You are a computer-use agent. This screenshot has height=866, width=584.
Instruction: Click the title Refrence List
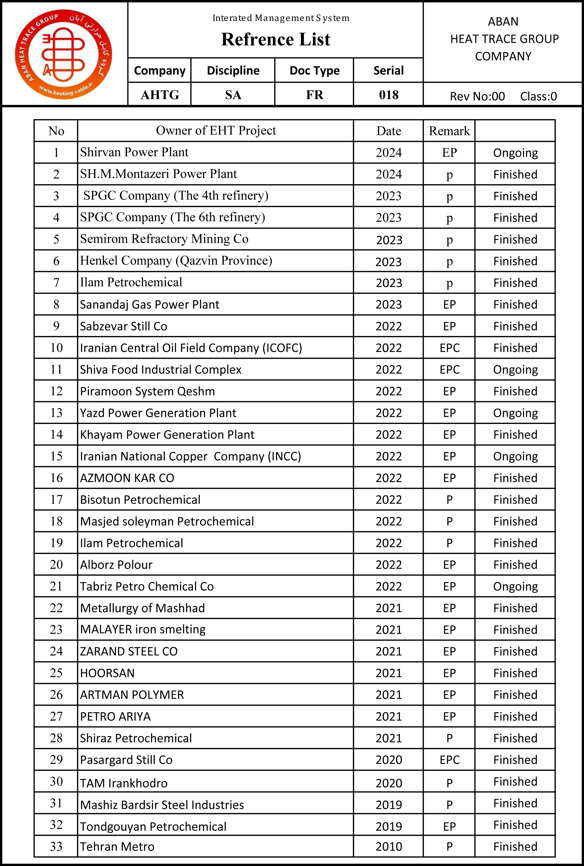pyautogui.click(x=276, y=39)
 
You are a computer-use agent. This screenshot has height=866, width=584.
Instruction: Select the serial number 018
pyautogui.click(x=388, y=95)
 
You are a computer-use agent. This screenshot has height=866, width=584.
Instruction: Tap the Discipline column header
pyautogui.click(x=233, y=70)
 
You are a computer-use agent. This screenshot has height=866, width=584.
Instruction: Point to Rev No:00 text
pyautogui.click(x=477, y=97)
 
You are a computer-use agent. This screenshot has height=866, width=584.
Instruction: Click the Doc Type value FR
pyautogui.click(x=315, y=95)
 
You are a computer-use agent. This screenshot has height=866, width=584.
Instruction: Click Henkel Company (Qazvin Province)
pyautogui.click(x=176, y=261)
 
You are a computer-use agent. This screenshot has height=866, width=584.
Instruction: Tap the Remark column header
pyautogui.click(x=449, y=131)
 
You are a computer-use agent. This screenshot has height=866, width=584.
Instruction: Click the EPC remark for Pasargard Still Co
pyautogui.click(x=450, y=759)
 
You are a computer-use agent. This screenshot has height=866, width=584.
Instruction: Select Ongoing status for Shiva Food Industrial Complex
pyautogui.click(x=515, y=370)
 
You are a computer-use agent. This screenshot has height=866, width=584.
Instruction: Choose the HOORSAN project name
pyautogui.click(x=107, y=673)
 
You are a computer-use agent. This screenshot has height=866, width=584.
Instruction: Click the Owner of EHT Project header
pyautogui.click(x=216, y=130)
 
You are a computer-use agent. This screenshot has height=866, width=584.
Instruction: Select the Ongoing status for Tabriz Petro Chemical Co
pyautogui.click(x=515, y=587)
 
